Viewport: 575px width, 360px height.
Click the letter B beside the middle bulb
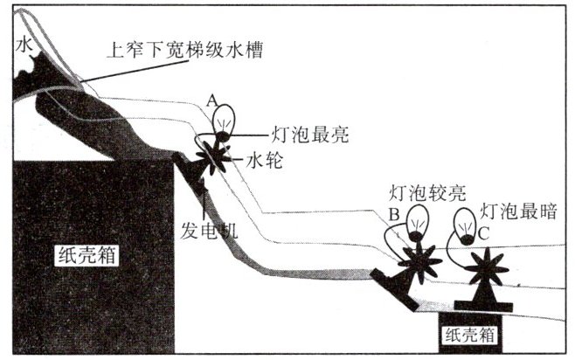(x=395, y=212)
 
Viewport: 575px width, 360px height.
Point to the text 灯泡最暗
(x=518, y=211)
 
